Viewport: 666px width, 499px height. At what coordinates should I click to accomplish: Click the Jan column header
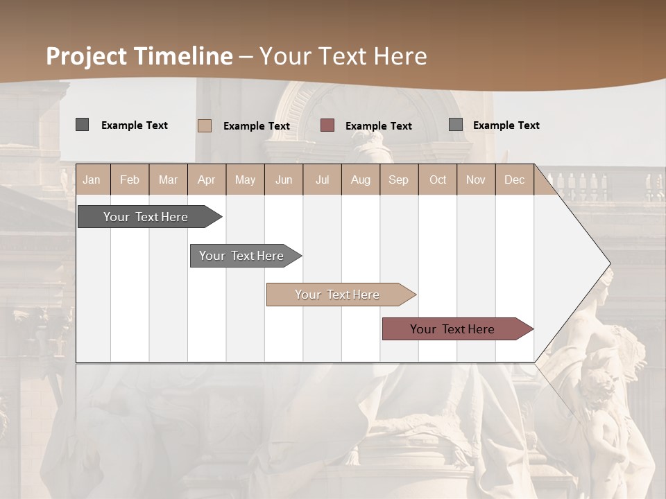pyautogui.click(x=92, y=180)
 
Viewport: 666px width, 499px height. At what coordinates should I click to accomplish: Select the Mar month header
pyautogui.click(x=168, y=180)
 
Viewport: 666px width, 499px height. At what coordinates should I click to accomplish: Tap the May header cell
pyautogui.click(x=245, y=180)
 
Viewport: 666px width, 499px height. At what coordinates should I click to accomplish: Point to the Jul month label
pyautogui.click(x=322, y=180)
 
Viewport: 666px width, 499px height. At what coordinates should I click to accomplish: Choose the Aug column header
pyautogui.click(x=360, y=180)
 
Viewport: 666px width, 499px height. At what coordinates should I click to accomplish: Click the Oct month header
pyautogui.click(x=438, y=180)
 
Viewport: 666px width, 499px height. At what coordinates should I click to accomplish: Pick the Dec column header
pyautogui.click(x=514, y=180)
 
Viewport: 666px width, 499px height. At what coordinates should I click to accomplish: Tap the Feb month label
pyautogui.click(x=130, y=180)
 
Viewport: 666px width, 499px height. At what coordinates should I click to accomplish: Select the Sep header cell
pyautogui.click(x=398, y=180)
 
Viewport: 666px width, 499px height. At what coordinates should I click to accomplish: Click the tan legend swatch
pyautogui.click(x=205, y=125)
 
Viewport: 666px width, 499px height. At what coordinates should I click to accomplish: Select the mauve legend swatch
pyautogui.click(x=327, y=125)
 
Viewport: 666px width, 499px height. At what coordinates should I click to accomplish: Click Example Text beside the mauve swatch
pyautogui.click(x=378, y=126)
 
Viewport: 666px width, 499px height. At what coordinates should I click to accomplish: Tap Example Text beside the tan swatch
pyautogui.click(x=256, y=126)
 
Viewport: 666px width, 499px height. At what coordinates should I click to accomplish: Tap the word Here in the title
pyautogui.click(x=399, y=56)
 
